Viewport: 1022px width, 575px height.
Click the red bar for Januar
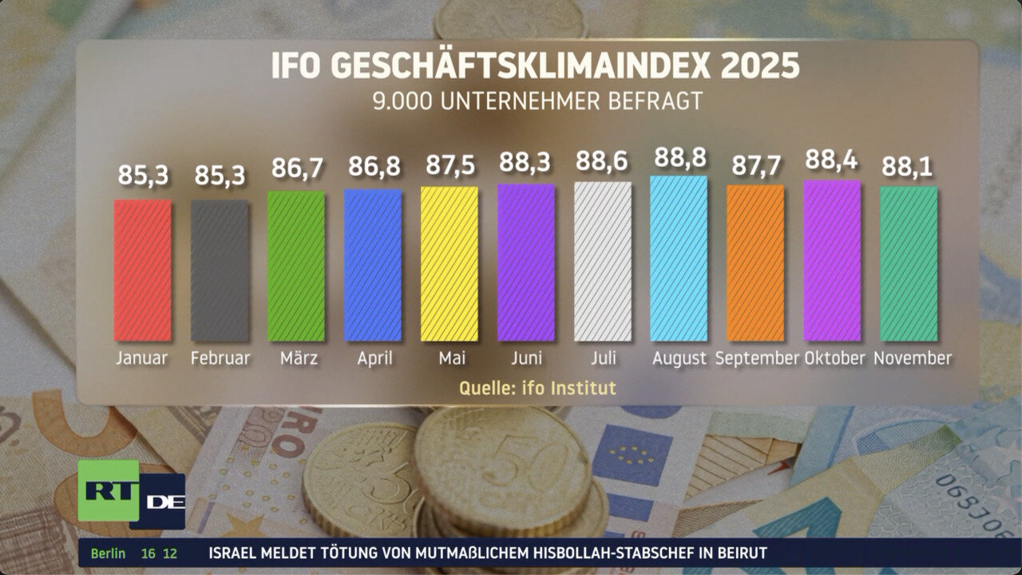pyautogui.click(x=143, y=270)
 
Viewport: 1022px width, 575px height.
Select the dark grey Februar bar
pyautogui.click(x=220, y=270)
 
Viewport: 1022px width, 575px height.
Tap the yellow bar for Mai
pyautogui.click(x=450, y=264)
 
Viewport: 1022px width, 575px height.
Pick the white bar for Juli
pyautogui.click(x=603, y=261)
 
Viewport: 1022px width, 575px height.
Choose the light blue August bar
pyautogui.click(x=679, y=258)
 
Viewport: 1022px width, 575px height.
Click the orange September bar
pyautogui.click(x=756, y=263)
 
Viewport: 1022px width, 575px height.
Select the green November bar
pyautogui.click(x=909, y=264)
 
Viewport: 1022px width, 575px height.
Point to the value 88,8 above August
pyautogui.click(x=679, y=158)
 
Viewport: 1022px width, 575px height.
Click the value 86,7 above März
pyautogui.click(x=296, y=169)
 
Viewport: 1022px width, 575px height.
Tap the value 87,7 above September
pyautogui.click(x=756, y=166)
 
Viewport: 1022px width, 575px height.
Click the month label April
pyautogui.click(x=374, y=359)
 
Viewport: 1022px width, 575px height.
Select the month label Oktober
pyautogui.click(x=834, y=358)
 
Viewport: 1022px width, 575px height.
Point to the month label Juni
pyautogui.click(x=526, y=359)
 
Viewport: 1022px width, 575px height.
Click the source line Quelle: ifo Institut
pyautogui.click(x=537, y=388)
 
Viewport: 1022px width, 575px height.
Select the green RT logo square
pyautogui.click(x=108, y=490)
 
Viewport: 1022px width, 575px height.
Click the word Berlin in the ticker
pyautogui.click(x=108, y=553)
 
